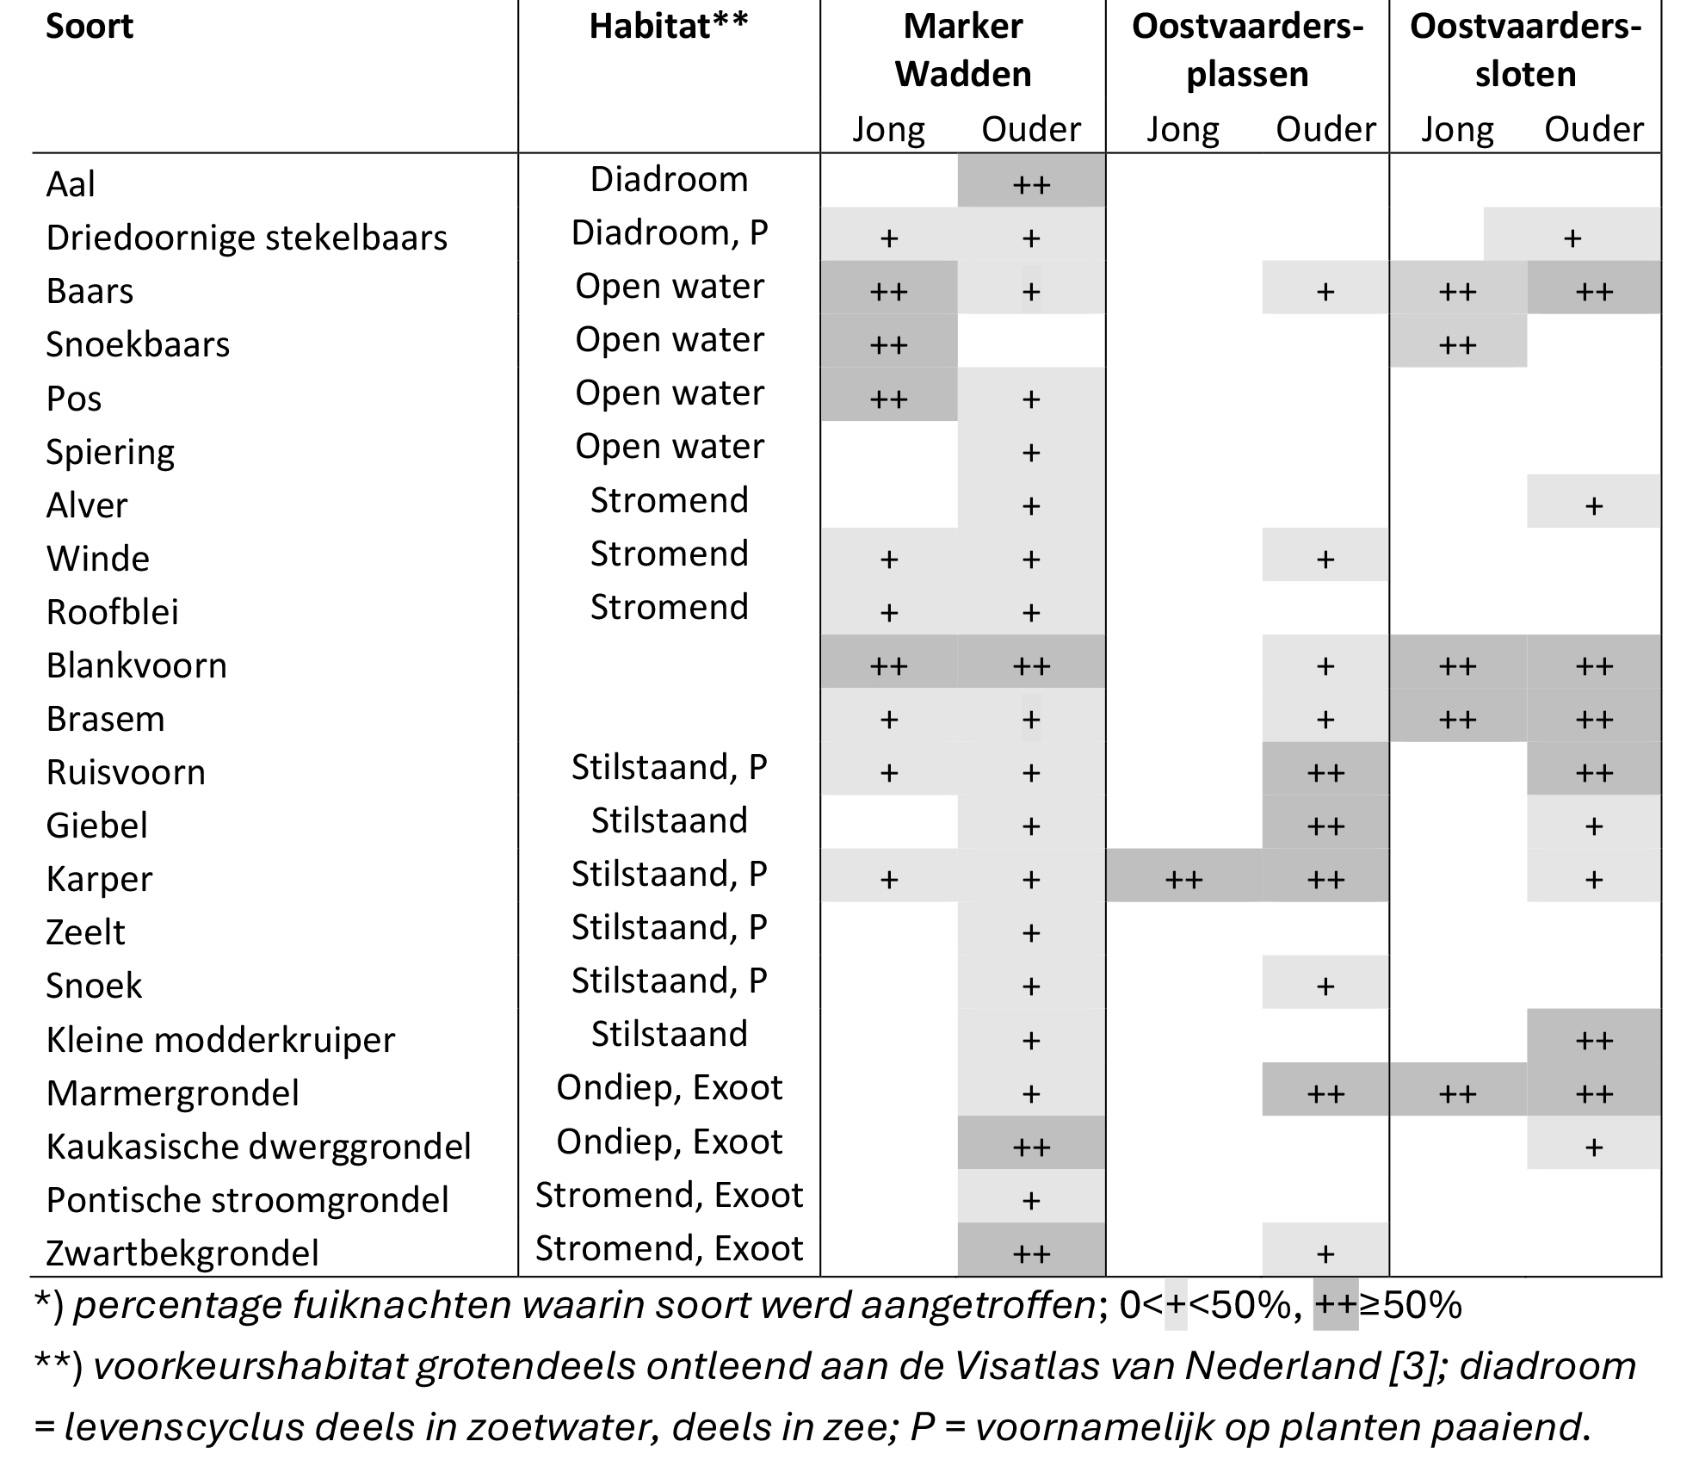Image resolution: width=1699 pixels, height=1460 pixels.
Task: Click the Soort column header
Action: (x=90, y=27)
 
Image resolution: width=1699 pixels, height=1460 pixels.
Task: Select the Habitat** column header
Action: (x=669, y=26)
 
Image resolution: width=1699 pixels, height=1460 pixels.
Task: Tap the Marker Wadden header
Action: (x=963, y=50)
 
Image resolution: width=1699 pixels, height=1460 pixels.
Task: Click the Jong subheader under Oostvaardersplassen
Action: (x=1183, y=130)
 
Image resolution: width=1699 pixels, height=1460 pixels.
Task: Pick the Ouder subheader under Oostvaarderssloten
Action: (x=1594, y=129)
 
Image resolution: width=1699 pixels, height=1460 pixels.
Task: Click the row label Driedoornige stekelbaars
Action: (x=247, y=238)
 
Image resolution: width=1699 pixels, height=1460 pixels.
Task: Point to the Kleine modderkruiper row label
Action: (x=220, y=1040)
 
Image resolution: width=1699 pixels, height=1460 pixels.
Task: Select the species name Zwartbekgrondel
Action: (x=182, y=1253)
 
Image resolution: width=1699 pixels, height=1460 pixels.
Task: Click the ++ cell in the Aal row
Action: (x=1031, y=185)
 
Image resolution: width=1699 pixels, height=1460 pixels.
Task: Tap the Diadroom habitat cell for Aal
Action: (x=669, y=180)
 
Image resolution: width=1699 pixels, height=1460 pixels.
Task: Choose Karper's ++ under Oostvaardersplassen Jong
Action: (x=1183, y=880)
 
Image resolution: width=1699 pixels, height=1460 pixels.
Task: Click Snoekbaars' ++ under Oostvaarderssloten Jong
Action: (x=1457, y=345)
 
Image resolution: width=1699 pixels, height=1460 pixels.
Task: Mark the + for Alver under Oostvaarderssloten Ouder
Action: (x=1594, y=505)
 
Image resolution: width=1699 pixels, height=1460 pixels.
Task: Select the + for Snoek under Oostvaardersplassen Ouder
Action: (x=1325, y=987)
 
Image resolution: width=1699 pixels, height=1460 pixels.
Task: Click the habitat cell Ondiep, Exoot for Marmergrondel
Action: (x=669, y=1088)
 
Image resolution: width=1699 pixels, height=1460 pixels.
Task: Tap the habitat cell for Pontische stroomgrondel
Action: (x=669, y=1195)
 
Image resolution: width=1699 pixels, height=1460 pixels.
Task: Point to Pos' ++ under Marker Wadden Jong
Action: (x=888, y=399)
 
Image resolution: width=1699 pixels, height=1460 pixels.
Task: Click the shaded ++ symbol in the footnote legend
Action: (x=1336, y=1307)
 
